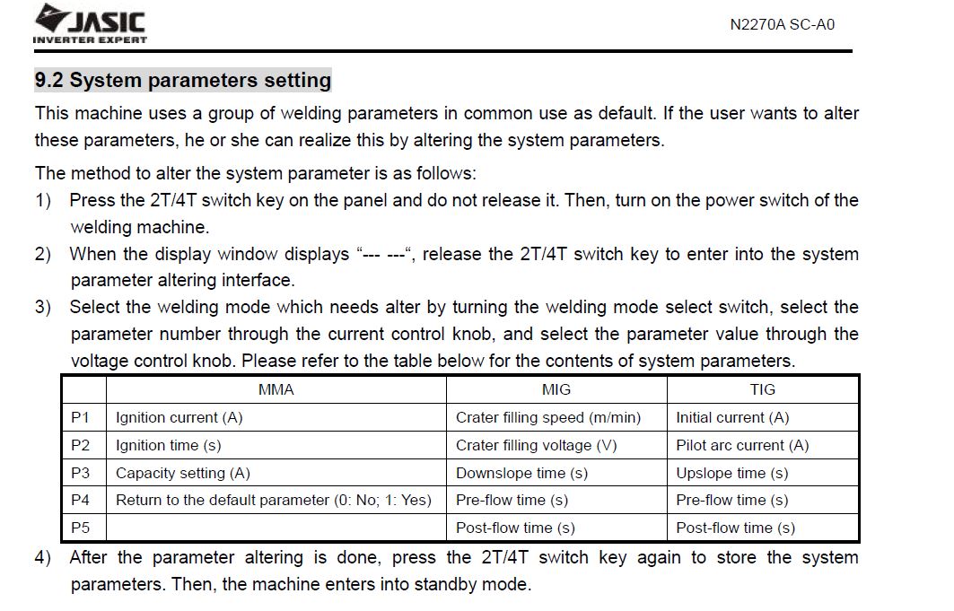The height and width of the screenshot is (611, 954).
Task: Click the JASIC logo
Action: [90, 23]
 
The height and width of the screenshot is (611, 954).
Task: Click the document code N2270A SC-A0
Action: [782, 25]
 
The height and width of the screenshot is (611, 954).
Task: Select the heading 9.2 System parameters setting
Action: [183, 81]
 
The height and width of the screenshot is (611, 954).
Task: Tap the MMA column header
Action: [276, 389]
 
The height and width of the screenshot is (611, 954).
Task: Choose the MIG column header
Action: [556, 389]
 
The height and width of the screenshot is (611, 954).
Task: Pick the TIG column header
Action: [762, 389]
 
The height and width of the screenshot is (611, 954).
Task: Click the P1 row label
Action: [81, 417]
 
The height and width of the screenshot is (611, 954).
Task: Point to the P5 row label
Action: [81, 528]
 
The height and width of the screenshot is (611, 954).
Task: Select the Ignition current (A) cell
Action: [179, 417]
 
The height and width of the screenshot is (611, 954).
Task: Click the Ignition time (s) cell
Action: [169, 445]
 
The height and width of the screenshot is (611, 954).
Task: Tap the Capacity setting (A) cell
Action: [183, 473]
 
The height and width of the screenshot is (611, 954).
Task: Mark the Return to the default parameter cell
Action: [274, 500]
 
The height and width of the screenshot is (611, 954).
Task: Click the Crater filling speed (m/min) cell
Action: [548, 417]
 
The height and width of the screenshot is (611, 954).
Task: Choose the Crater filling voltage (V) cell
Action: [537, 445]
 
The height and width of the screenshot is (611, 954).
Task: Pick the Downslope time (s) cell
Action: [521, 473]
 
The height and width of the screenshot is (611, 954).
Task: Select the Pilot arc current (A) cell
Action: [742, 445]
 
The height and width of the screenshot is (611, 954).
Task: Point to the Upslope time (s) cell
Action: [731, 473]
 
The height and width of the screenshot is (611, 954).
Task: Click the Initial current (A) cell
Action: [732, 417]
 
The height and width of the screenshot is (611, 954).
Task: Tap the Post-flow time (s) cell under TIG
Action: [735, 528]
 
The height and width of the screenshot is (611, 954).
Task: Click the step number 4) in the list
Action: [43, 558]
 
